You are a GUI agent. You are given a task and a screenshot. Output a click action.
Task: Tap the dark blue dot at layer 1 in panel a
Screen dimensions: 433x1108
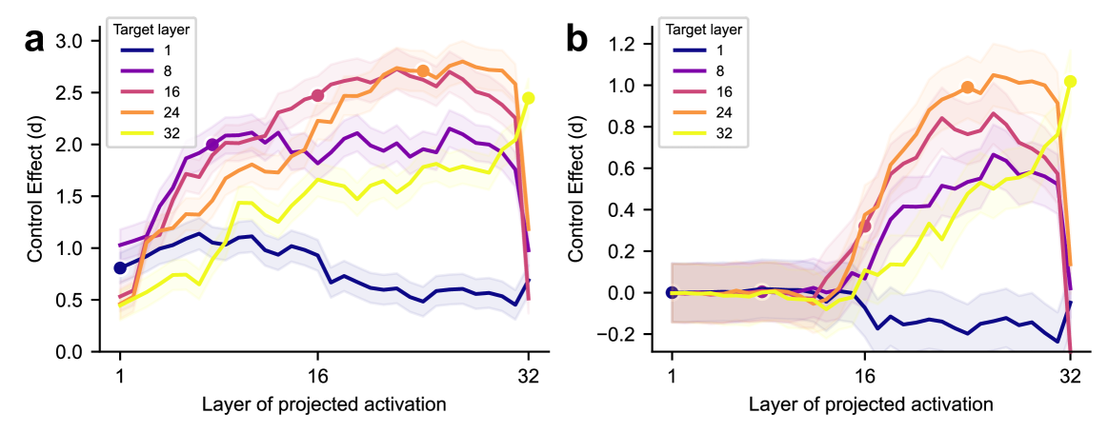point(120,268)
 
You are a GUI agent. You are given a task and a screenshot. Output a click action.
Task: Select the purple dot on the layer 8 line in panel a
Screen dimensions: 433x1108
point(212,145)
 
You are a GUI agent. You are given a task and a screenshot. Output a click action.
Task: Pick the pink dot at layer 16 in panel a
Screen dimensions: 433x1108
point(318,95)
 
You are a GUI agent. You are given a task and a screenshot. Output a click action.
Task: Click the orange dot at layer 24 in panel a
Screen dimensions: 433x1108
point(423,70)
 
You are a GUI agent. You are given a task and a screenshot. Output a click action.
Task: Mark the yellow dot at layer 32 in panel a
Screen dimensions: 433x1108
point(529,98)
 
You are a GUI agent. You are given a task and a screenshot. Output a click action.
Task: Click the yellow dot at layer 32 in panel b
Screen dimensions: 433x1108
point(1071,82)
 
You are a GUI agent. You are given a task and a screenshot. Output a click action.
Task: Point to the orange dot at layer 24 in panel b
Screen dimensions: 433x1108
point(967,88)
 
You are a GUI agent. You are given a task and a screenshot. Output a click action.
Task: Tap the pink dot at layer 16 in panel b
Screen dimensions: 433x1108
point(865,226)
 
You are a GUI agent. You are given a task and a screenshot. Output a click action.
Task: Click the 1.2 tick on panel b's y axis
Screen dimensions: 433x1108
point(624,44)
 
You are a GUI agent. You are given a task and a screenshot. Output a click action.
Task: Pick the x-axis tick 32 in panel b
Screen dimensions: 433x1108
point(1071,374)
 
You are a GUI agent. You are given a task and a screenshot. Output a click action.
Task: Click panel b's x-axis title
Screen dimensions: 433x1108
point(871,404)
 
